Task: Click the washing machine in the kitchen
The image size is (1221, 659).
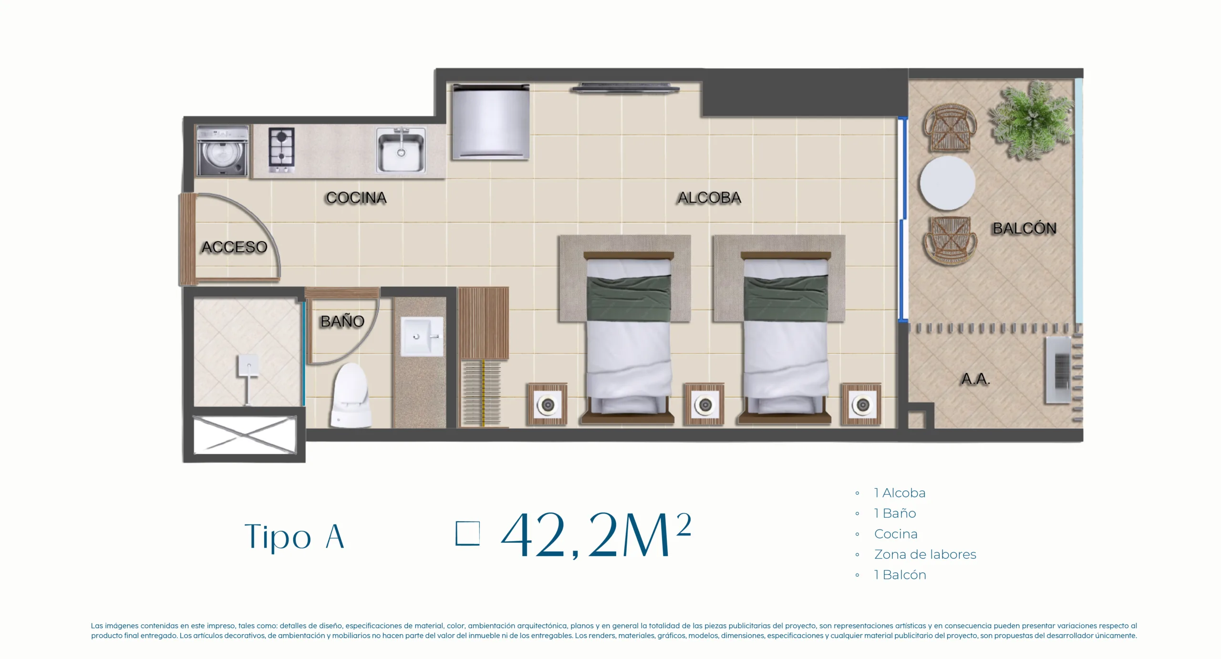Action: click(x=222, y=151)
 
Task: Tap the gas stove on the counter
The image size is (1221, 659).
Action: click(x=281, y=150)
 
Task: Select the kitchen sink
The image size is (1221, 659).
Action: click(x=401, y=150)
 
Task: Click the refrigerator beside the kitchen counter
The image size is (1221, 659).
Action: click(x=491, y=121)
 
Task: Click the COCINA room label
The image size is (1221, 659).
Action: click(x=356, y=198)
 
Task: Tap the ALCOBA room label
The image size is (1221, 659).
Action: click(x=710, y=198)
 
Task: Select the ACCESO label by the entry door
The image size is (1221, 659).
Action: click(x=234, y=247)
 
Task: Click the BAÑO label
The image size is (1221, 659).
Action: click(x=342, y=321)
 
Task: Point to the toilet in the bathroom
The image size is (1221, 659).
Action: click(x=352, y=395)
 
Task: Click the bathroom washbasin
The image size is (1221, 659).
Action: click(x=422, y=337)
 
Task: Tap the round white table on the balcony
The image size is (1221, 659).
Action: click(x=947, y=184)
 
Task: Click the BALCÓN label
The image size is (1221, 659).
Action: click(x=1024, y=228)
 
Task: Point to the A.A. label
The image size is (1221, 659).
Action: click(x=975, y=379)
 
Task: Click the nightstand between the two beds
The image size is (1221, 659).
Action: click(x=704, y=404)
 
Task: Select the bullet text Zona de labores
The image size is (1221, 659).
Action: click(x=925, y=555)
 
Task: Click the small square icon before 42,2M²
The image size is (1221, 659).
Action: click(x=467, y=533)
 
